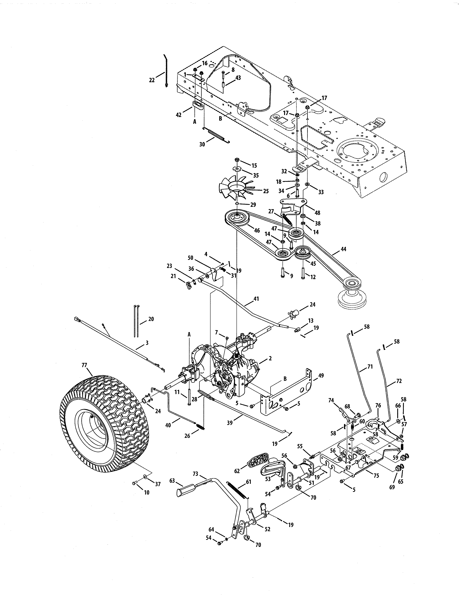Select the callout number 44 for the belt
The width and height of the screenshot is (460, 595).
[343, 249]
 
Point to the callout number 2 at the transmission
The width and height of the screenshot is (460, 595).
[270, 358]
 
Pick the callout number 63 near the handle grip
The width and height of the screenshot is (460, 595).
[172, 480]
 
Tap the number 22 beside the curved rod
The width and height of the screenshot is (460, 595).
[152, 80]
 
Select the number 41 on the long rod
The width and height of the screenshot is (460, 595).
[256, 299]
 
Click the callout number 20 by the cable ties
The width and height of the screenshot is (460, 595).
[151, 319]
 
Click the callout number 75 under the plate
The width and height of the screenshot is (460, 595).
[376, 476]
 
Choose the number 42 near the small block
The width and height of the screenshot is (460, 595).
[178, 115]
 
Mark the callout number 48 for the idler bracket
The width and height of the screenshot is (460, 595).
[317, 213]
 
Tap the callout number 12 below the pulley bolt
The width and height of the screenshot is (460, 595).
[313, 277]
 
